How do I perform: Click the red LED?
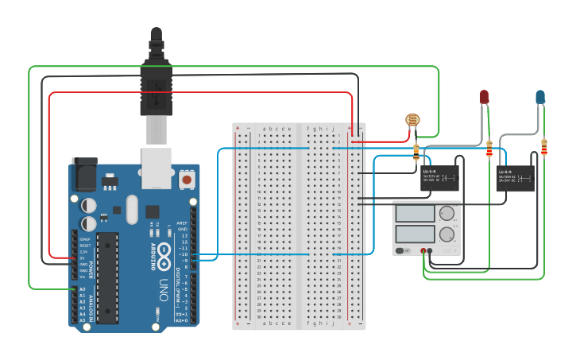coord(484,97)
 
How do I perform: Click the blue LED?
coord(540,97)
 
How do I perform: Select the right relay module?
coord(515,179)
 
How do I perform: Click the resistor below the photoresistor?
coord(416,152)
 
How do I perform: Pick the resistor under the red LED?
coord(489,149)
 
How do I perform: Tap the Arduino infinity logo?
coord(164,254)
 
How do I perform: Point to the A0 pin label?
coord(83,289)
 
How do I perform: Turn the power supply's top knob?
coord(447,213)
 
